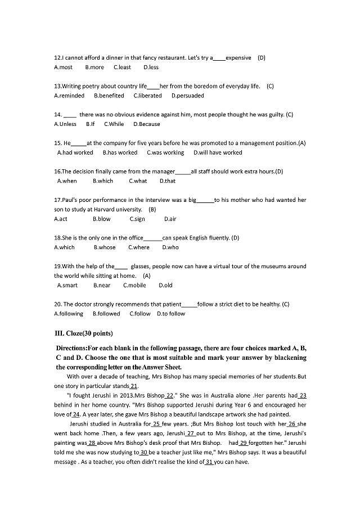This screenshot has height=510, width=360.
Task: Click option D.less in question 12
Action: [151, 67]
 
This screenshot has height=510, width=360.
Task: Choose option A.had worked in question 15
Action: [75, 152]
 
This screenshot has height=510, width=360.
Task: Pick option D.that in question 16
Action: [168, 181]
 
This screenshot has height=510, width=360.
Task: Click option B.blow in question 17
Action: [102, 219]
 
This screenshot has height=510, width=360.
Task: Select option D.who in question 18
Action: [170, 247]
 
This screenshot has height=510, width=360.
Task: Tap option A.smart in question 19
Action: [67, 285]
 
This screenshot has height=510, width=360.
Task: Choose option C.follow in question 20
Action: [140, 314]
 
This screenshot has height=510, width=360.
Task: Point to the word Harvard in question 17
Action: [119, 209]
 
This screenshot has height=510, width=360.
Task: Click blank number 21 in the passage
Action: [134, 386]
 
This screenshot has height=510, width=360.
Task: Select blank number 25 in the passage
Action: [157, 423]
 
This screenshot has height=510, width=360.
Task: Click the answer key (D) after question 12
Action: [262, 58]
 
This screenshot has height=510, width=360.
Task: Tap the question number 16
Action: [57, 171]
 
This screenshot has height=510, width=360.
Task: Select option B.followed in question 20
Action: [106, 314]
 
